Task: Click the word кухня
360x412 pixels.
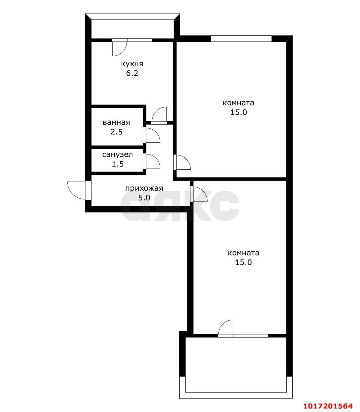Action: click(132, 64)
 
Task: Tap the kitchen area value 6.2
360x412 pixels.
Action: click(132, 73)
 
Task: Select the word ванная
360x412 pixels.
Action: click(116, 122)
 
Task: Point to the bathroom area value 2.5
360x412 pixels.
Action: click(117, 132)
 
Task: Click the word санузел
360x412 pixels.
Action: click(118, 155)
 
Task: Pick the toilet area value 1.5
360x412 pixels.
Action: click(118, 164)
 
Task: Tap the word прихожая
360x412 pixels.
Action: click(144, 189)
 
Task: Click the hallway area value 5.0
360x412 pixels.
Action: click(144, 198)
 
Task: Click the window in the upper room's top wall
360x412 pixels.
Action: click(241, 38)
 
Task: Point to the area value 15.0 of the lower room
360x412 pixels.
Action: click(243, 262)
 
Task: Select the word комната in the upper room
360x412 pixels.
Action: click(238, 103)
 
